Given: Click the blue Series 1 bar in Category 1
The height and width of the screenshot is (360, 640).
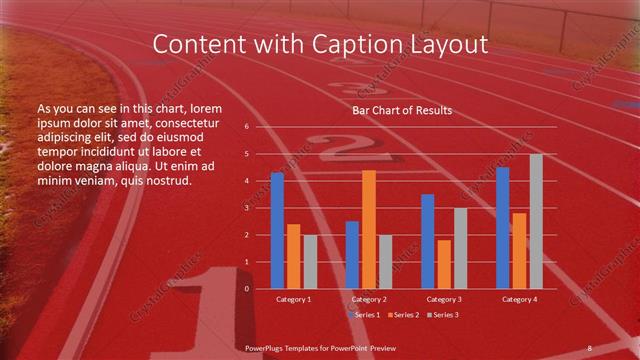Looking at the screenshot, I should tap(277, 231).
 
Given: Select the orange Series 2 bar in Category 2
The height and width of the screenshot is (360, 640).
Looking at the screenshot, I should tap(369, 230).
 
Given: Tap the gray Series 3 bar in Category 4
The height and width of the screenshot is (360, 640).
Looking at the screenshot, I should tap(536, 222).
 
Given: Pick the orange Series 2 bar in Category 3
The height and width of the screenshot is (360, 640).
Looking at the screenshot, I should tap(444, 264).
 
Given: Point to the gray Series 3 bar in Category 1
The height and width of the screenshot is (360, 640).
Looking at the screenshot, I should tap(310, 262).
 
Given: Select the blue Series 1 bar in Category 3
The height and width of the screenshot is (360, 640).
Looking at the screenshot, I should tap(427, 241).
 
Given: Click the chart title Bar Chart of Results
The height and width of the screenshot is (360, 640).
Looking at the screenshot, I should tap(402, 110).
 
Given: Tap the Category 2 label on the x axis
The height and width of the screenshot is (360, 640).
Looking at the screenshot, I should tap(369, 299).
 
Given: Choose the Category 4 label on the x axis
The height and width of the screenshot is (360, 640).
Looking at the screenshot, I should tap(519, 299).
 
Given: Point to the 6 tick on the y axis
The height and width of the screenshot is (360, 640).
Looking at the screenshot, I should tap(246, 127).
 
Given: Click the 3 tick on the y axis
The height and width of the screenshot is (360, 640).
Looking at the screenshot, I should tap(246, 208).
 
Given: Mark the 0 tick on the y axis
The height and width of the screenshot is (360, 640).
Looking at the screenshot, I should tap(246, 289).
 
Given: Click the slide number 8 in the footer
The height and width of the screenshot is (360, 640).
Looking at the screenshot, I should tap(590, 347).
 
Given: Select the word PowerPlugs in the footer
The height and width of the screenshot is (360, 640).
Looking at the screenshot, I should tap(268, 347).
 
